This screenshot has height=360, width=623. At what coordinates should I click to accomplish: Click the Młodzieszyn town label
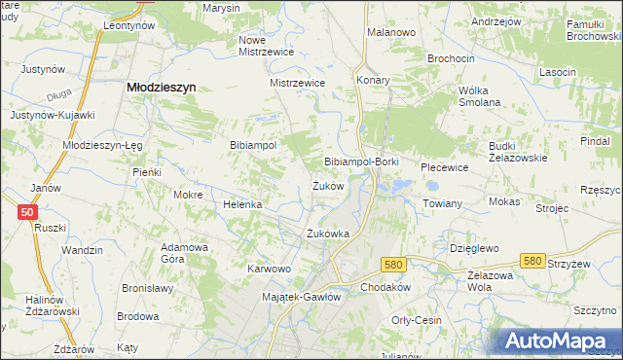[162, 87]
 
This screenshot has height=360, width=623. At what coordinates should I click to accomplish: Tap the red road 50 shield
[26, 212]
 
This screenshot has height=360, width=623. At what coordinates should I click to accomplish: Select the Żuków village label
[327, 185]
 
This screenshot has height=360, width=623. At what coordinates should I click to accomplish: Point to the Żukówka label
[327, 234]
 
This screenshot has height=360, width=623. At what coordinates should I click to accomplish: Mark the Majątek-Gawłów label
[302, 297]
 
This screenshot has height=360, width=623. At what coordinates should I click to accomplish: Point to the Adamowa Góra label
[185, 253]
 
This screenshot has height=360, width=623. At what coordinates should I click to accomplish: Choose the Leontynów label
[128, 26]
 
